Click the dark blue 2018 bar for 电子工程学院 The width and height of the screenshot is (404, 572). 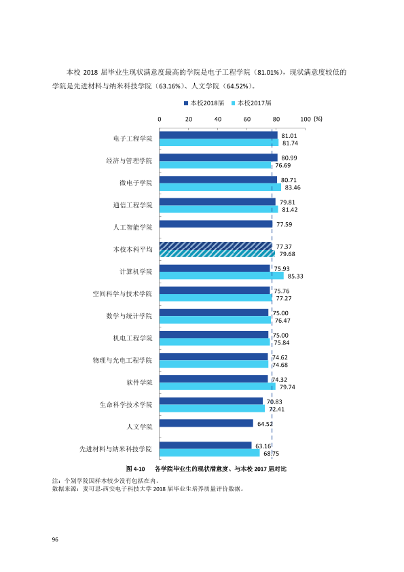click(x=219, y=135)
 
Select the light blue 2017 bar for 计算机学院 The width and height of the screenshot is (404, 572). click(x=221, y=276)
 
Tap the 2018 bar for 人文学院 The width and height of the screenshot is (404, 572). click(x=206, y=423)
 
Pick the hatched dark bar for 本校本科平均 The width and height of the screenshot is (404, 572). click(x=216, y=246)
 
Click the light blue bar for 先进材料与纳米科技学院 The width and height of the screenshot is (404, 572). click(x=209, y=453)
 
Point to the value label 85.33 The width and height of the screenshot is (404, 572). click(x=295, y=276)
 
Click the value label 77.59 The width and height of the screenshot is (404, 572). click(x=284, y=224)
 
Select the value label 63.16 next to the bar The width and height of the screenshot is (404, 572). click(x=263, y=446)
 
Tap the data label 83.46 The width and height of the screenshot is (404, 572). click(x=293, y=187)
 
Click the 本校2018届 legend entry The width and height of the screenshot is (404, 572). click(x=204, y=103)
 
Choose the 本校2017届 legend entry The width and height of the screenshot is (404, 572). click(x=251, y=103)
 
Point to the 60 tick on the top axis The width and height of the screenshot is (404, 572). click(x=247, y=120)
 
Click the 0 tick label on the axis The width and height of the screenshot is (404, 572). click(x=160, y=120)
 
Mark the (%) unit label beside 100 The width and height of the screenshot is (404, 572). click(x=318, y=119)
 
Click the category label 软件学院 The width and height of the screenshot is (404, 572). click(x=139, y=382)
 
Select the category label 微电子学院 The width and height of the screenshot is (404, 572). click(x=136, y=183)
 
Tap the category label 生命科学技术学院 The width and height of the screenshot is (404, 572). click(x=126, y=405)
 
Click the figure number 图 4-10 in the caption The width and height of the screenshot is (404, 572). click(x=135, y=469)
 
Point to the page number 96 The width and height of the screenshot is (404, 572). click(x=55, y=539)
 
